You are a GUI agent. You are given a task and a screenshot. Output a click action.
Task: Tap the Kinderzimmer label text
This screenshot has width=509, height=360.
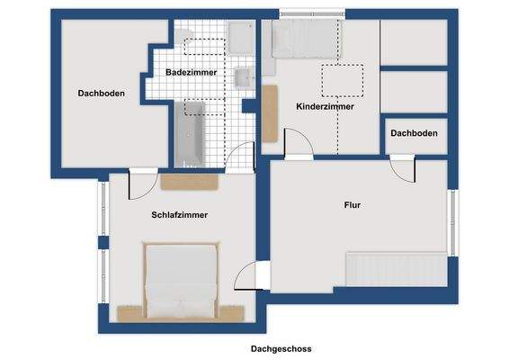325,106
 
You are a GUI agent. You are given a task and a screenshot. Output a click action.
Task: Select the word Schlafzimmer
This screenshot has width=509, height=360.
180,215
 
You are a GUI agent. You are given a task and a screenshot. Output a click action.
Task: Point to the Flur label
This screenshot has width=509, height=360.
353,205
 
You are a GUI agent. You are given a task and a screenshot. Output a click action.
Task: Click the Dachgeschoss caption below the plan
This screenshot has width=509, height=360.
281,348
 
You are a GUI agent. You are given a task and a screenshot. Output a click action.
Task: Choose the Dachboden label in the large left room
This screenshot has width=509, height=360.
101,92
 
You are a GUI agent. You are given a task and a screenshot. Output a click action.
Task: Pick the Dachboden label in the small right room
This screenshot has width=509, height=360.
414,133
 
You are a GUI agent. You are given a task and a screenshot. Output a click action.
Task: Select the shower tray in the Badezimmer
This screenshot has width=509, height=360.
241,39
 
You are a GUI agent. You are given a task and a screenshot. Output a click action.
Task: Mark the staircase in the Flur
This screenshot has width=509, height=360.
396,267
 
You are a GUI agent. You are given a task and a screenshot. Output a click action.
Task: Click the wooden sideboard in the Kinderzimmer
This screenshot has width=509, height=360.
269,112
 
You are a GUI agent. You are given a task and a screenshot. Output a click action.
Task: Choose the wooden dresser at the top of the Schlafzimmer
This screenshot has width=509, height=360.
190,181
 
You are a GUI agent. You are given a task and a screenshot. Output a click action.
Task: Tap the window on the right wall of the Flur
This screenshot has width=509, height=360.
453,219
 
